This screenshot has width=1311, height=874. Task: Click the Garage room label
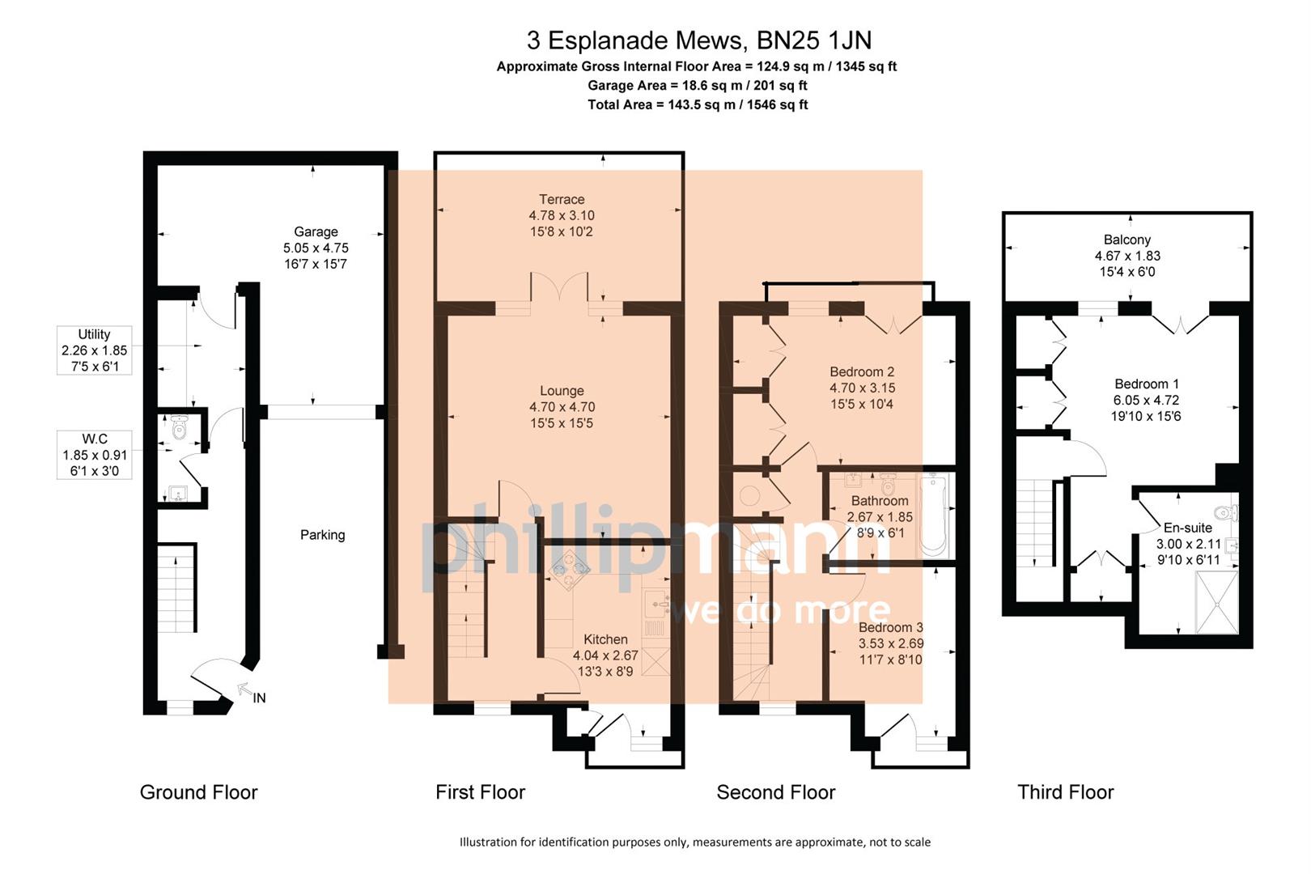[x=316, y=231]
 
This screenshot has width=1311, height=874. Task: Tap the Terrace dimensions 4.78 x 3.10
[x=562, y=215]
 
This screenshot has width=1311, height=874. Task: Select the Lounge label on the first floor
[x=562, y=391]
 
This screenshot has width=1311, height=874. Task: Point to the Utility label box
[x=95, y=350]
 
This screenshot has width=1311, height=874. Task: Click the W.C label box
[x=95, y=455]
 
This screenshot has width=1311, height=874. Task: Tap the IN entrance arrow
[x=244, y=690]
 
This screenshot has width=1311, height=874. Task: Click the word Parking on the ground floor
[x=322, y=535]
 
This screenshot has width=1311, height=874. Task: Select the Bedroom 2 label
[x=862, y=372]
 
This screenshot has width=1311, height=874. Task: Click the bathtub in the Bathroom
[x=933, y=515]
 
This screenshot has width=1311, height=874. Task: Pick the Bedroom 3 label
[x=890, y=628]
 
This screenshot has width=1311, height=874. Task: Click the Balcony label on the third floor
[x=1126, y=240]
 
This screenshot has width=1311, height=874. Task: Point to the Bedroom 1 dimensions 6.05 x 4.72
[x=1146, y=400]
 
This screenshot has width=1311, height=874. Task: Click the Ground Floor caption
[x=198, y=792]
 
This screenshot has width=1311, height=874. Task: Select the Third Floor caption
[x=1065, y=792]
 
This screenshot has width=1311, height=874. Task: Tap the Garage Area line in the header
[x=697, y=85]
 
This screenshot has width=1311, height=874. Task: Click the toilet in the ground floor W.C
[x=179, y=428]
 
